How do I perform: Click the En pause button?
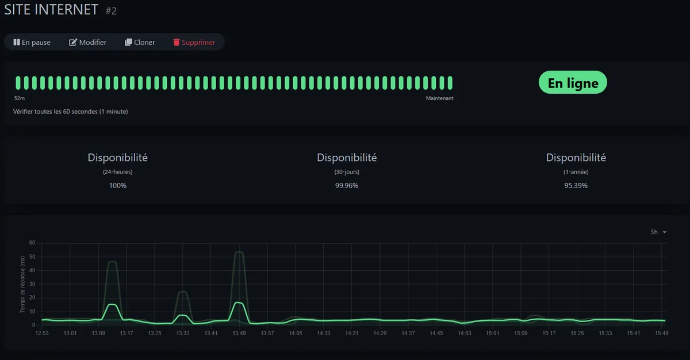32,42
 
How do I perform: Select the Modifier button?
88,42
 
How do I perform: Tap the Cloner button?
140,42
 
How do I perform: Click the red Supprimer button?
194,42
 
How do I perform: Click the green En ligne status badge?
573,83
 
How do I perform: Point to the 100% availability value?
118,186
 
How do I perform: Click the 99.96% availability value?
347,186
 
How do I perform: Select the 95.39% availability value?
576,186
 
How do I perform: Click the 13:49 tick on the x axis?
239,333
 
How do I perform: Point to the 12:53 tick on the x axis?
42,333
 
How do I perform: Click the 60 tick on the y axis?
32,243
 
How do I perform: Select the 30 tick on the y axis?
32,284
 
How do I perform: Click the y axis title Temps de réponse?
22,284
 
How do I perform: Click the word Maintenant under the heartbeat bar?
440,98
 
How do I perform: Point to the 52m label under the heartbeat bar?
20,98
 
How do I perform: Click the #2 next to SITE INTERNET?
111,11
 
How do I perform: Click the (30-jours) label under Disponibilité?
347,171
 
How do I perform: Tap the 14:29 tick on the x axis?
380,333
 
